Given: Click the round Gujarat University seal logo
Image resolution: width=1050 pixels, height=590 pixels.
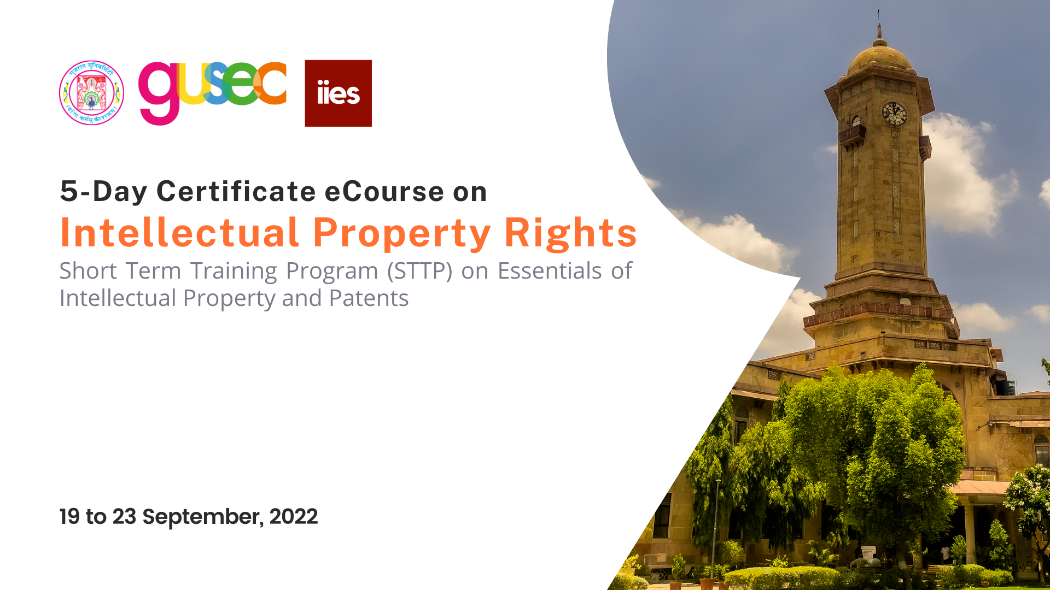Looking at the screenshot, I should point(91,93).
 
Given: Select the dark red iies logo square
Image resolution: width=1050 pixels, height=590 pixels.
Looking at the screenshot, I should point(338,93).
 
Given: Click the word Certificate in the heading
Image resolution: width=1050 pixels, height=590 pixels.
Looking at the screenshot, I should point(236,192).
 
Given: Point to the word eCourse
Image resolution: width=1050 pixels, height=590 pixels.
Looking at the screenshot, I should point(384,192).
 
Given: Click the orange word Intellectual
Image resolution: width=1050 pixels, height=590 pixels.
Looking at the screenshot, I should point(179,233).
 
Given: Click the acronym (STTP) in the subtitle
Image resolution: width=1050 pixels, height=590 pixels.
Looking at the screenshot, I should point(419,271).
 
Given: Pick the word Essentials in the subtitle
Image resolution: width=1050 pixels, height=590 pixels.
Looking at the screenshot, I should point(550,271).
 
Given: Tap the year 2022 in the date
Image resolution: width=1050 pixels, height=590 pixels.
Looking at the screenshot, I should point(293,517).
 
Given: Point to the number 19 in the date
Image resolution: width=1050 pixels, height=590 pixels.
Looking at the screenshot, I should point(69,517).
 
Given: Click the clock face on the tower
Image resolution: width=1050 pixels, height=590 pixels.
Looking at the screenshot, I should point(895,114).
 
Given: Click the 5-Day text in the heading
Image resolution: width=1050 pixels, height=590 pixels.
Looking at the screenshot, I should point(103,192).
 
